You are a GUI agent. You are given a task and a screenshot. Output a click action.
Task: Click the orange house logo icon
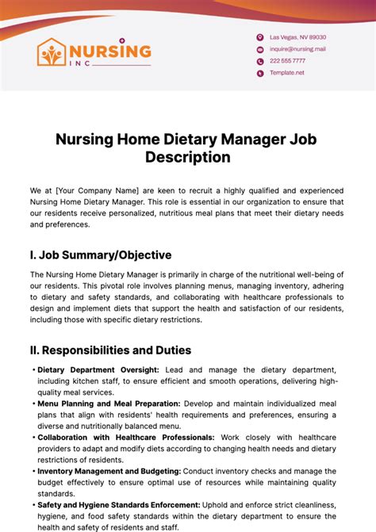tap(53, 52)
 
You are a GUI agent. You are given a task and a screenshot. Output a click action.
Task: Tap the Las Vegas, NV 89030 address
tap(297, 37)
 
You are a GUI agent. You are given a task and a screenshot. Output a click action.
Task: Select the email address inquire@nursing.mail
tap(297, 49)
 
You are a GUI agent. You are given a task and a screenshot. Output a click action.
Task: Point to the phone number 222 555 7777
tap(287, 61)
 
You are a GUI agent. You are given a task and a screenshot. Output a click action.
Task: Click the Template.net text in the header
tap(286, 72)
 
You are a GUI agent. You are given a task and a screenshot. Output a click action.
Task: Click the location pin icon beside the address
tap(259, 37)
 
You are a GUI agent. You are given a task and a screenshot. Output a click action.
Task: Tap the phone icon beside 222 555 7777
tap(259, 61)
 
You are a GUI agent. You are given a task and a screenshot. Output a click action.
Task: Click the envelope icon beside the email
tap(259, 49)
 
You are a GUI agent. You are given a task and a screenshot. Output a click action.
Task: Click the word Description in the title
tap(187, 157)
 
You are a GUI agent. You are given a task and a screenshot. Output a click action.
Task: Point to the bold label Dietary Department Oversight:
tap(98, 369)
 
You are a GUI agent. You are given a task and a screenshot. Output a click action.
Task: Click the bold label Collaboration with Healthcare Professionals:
tap(126, 437)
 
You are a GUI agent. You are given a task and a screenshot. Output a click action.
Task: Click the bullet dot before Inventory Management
tap(33, 471)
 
